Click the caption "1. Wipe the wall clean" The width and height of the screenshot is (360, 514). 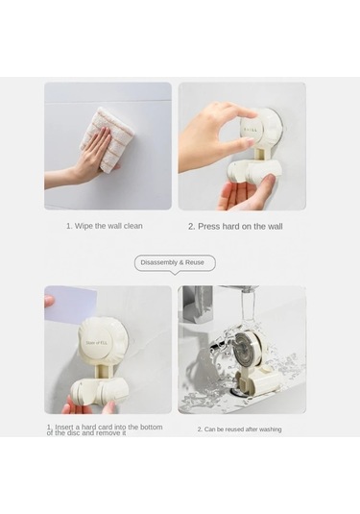pos(104,226)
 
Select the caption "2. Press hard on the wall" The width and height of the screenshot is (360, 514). pos(235,226)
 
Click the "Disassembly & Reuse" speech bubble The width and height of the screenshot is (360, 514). pos(175,262)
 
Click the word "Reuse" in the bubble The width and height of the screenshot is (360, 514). pos(198,262)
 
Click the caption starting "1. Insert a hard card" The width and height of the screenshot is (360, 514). pos(105,429)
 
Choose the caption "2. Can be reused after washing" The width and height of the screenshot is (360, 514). pos(240,429)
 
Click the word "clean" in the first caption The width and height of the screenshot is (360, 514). pos(132,226)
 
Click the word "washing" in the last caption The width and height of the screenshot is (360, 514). pos(268,429)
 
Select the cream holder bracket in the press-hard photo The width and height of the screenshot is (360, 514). pos(253,172)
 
